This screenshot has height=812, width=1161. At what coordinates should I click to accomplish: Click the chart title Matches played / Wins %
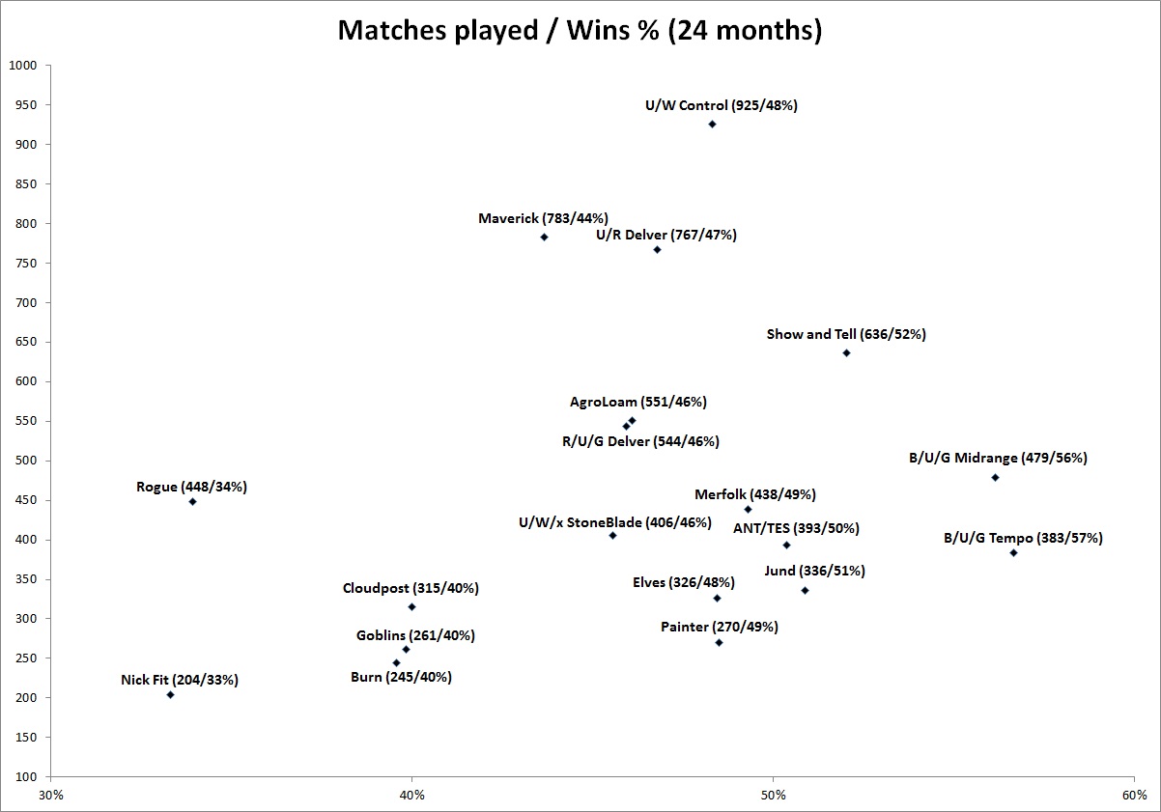(x=580, y=30)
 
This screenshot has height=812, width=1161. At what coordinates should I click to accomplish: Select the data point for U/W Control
(x=712, y=124)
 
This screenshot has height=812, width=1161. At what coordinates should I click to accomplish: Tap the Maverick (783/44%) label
(x=543, y=218)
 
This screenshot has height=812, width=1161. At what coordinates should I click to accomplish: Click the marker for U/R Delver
(x=657, y=249)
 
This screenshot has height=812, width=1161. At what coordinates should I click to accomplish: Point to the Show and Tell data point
(x=846, y=352)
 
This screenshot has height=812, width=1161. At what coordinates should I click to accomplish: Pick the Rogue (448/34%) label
(x=191, y=487)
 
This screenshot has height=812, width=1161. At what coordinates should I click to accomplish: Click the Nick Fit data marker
(x=170, y=694)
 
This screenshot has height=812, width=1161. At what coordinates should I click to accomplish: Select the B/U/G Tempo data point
(x=1013, y=552)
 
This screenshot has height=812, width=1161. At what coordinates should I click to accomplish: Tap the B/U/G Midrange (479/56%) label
(x=998, y=459)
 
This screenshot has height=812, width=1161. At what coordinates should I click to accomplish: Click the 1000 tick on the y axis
(x=22, y=66)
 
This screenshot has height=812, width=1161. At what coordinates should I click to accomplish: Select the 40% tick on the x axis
(x=411, y=796)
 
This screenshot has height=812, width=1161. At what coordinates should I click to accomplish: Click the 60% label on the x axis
(x=1134, y=796)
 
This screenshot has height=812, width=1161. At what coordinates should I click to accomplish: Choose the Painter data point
(x=719, y=642)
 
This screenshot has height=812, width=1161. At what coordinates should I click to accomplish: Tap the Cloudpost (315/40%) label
(x=411, y=588)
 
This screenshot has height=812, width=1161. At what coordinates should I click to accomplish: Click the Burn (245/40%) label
(x=401, y=677)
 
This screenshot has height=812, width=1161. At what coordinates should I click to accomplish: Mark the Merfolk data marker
(x=748, y=509)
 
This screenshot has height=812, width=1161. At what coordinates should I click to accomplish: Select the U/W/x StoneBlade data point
(x=612, y=535)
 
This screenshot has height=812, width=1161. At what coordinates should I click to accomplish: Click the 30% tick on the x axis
(x=50, y=796)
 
